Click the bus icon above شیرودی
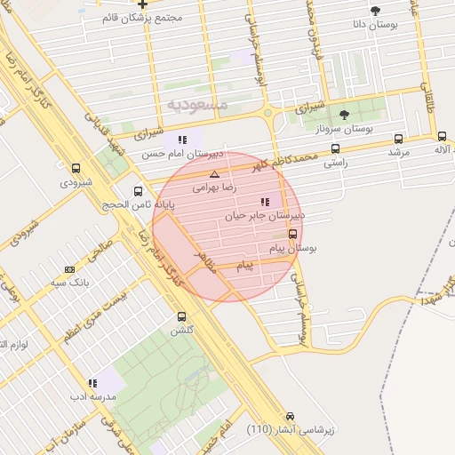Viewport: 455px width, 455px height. [76, 168]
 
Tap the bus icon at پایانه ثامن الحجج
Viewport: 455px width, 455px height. [138, 191]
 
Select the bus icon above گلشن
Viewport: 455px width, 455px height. [182, 316]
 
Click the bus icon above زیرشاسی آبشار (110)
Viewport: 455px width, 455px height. [290, 416]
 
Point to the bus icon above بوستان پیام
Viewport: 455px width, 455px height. [293, 235]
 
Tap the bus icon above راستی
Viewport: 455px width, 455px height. [335, 149]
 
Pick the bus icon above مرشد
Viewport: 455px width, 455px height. [397, 140]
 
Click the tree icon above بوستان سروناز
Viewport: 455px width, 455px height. [345, 115]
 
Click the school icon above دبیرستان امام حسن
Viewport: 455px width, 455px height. [182, 140]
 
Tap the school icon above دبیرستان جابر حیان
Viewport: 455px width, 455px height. [265, 202]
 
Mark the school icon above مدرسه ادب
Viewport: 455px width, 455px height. [92, 383]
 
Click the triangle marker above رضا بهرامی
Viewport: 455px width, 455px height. [213, 175]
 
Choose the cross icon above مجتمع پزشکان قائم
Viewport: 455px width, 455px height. [142, 4]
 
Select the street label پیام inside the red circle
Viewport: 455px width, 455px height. [244, 266]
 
